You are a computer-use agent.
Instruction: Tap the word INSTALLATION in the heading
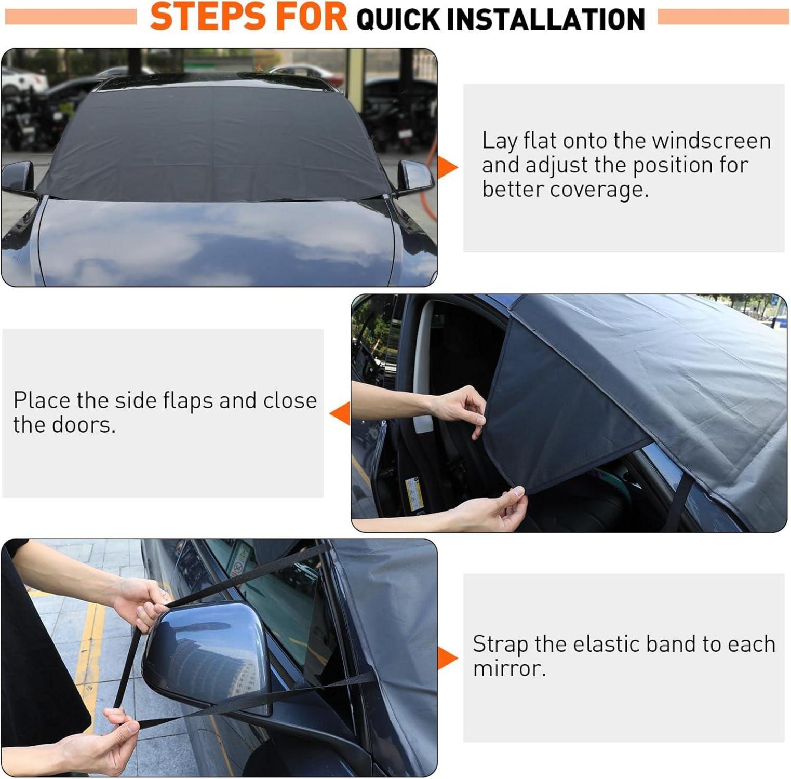pyautogui.click(x=545, y=19)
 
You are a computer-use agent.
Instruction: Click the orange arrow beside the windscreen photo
pyautogui.click(x=447, y=167)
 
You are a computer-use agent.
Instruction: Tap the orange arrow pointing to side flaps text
pyautogui.click(x=340, y=413)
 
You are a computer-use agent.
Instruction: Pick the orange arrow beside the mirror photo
pyautogui.click(x=447, y=658)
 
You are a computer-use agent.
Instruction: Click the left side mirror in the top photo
pyautogui.click(x=18, y=178)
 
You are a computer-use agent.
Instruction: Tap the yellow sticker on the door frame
pyautogui.click(x=414, y=493)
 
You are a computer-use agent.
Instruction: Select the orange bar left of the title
pyautogui.click(x=71, y=17)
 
